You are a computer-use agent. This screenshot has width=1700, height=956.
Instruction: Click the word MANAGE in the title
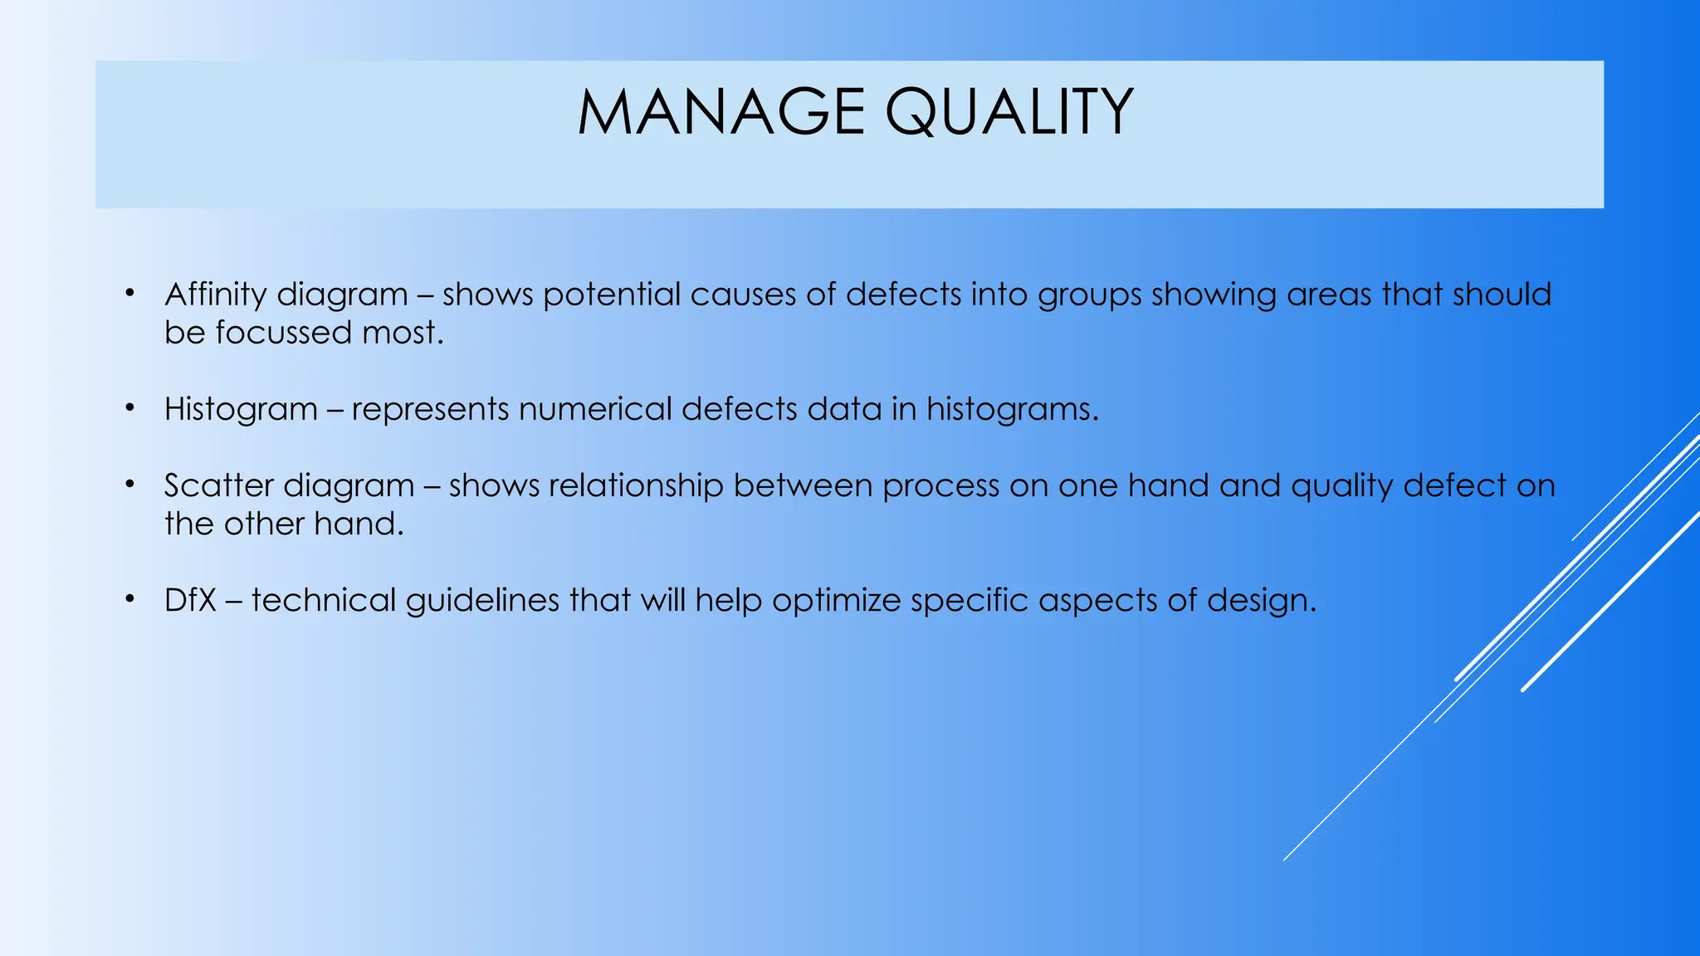(721, 112)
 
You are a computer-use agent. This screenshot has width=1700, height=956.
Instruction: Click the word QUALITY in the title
(1009, 112)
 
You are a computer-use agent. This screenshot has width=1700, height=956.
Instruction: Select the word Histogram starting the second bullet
(241, 409)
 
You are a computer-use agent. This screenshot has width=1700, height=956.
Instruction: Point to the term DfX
(190, 600)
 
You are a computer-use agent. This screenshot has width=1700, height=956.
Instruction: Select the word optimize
(836, 600)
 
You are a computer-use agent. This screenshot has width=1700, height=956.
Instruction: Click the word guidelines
(482, 600)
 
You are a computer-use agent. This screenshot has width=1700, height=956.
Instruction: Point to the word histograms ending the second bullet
(1012, 409)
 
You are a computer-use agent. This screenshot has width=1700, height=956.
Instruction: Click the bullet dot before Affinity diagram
(129, 293)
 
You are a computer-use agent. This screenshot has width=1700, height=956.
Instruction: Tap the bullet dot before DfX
(129, 598)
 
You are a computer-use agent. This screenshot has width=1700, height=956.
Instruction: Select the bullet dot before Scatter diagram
(129, 484)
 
